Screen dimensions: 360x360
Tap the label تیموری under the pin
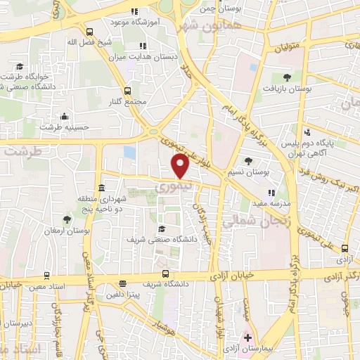tap(171, 187)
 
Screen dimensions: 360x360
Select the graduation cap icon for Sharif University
tap(162, 229)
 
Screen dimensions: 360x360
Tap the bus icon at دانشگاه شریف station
tap(165, 274)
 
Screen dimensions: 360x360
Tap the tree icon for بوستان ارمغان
tap(67, 219)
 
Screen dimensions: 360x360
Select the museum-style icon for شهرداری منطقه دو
tap(102, 188)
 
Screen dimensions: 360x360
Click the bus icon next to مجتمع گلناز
tap(127, 91)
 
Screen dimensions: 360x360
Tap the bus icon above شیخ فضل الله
tap(89, 32)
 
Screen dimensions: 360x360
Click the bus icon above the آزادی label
tap(344, 247)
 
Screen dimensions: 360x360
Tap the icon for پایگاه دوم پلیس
tap(307, 132)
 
